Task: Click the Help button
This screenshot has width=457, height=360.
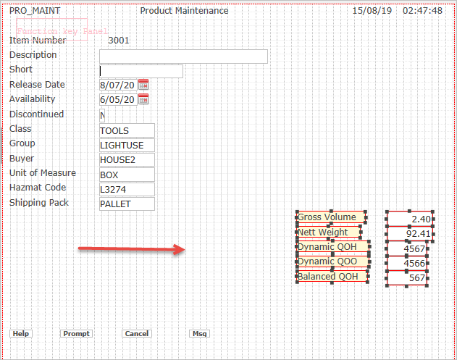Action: (x=20, y=334)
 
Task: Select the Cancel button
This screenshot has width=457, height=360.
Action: (x=136, y=334)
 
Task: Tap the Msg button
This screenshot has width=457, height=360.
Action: (x=199, y=334)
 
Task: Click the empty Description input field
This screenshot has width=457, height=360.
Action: (x=183, y=56)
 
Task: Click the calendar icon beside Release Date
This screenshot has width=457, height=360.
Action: (x=143, y=85)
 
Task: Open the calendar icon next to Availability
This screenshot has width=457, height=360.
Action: (x=143, y=99)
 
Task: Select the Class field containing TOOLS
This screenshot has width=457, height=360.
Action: (x=127, y=131)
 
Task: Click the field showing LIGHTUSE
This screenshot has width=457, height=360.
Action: (x=127, y=146)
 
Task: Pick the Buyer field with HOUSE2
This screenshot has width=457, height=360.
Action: (x=127, y=160)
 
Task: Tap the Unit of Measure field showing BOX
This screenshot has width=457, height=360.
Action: (x=127, y=175)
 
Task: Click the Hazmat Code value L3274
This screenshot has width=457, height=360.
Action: (x=127, y=190)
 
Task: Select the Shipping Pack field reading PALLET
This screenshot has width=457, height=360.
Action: (x=127, y=204)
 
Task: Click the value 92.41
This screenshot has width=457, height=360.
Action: (x=410, y=234)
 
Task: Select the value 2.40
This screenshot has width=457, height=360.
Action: (x=410, y=219)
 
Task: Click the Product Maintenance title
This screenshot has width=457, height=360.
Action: (x=184, y=11)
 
